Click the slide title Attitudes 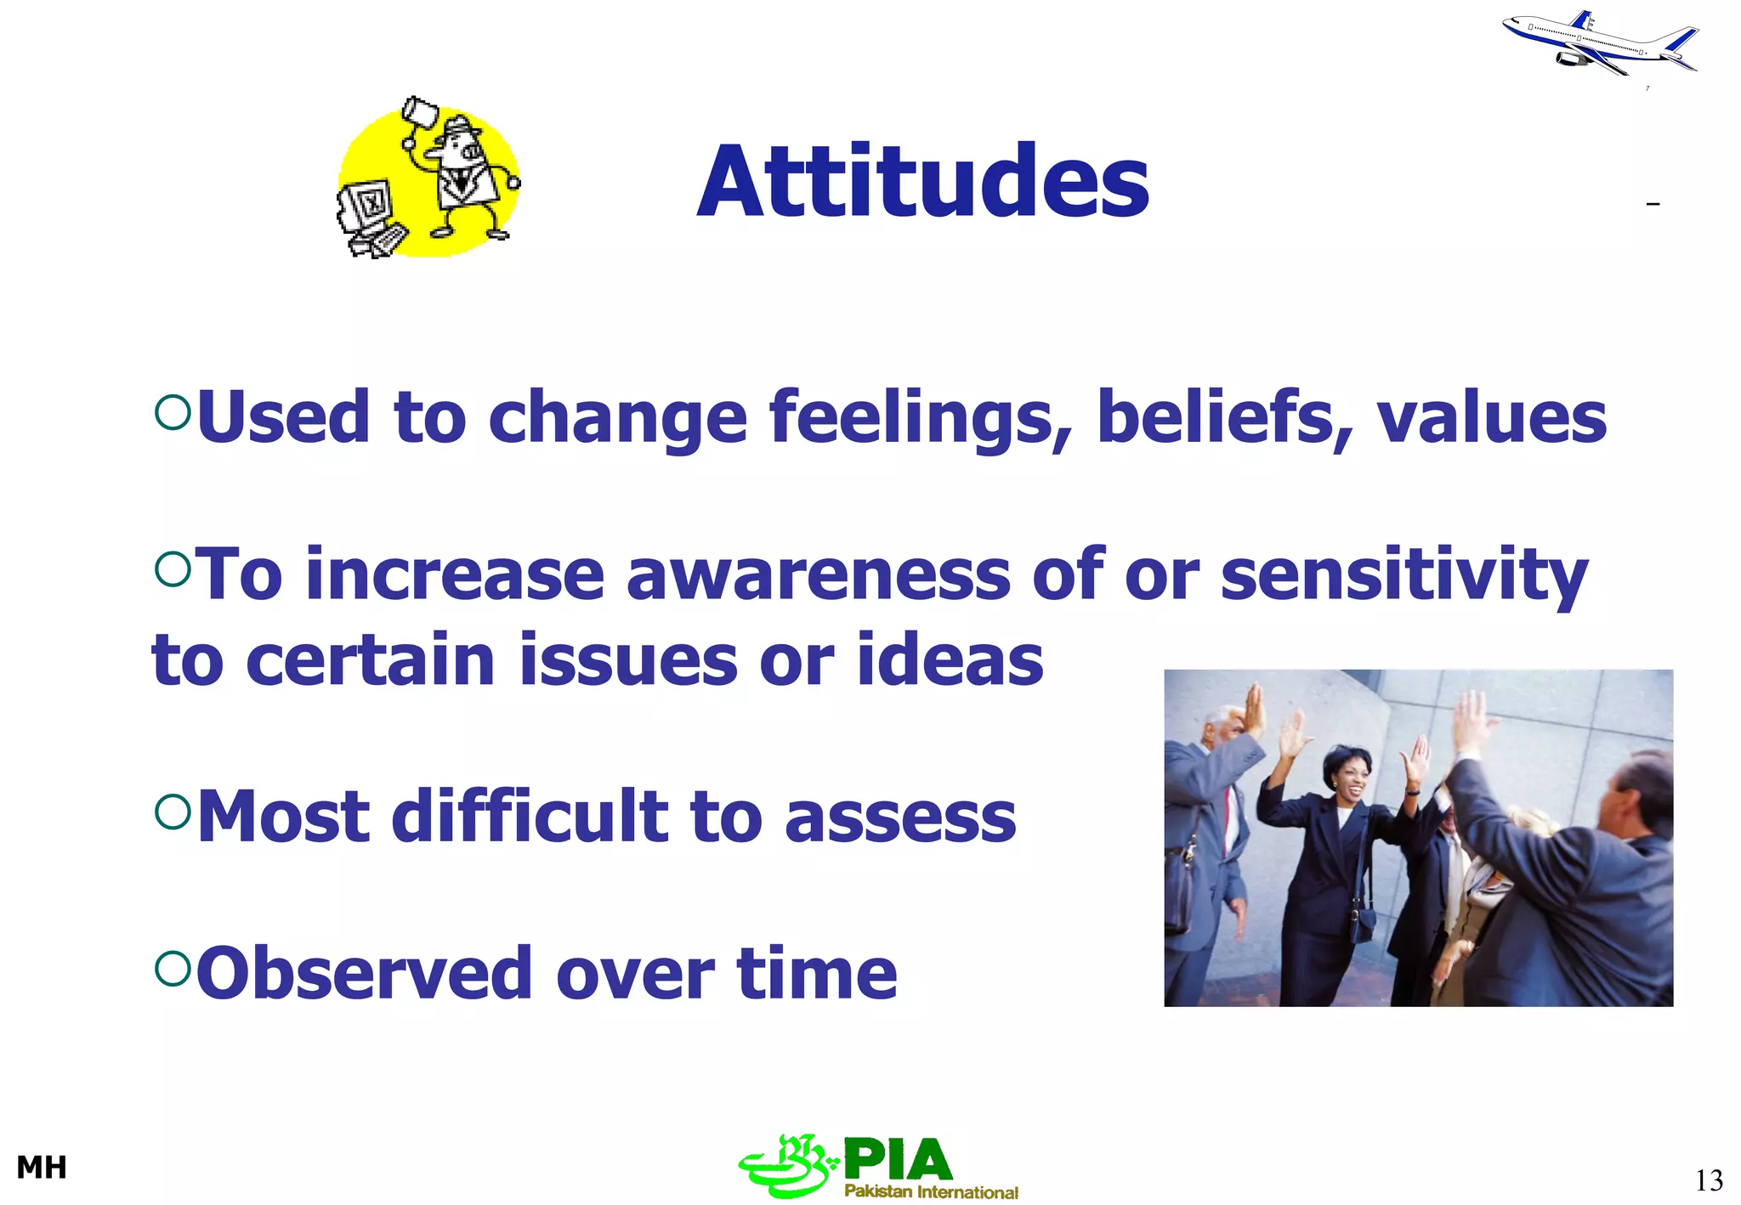click(x=922, y=182)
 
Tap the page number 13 click(x=1709, y=1180)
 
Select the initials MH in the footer click(x=42, y=1168)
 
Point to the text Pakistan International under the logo click(x=931, y=1191)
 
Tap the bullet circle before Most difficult click(x=173, y=812)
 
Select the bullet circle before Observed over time click(x=173, y=968)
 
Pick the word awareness click(x=818, y=575)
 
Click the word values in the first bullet click(x=1491, y=418)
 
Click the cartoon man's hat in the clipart click(x=460, y=127)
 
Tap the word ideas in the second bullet click(x=950, y=660)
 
